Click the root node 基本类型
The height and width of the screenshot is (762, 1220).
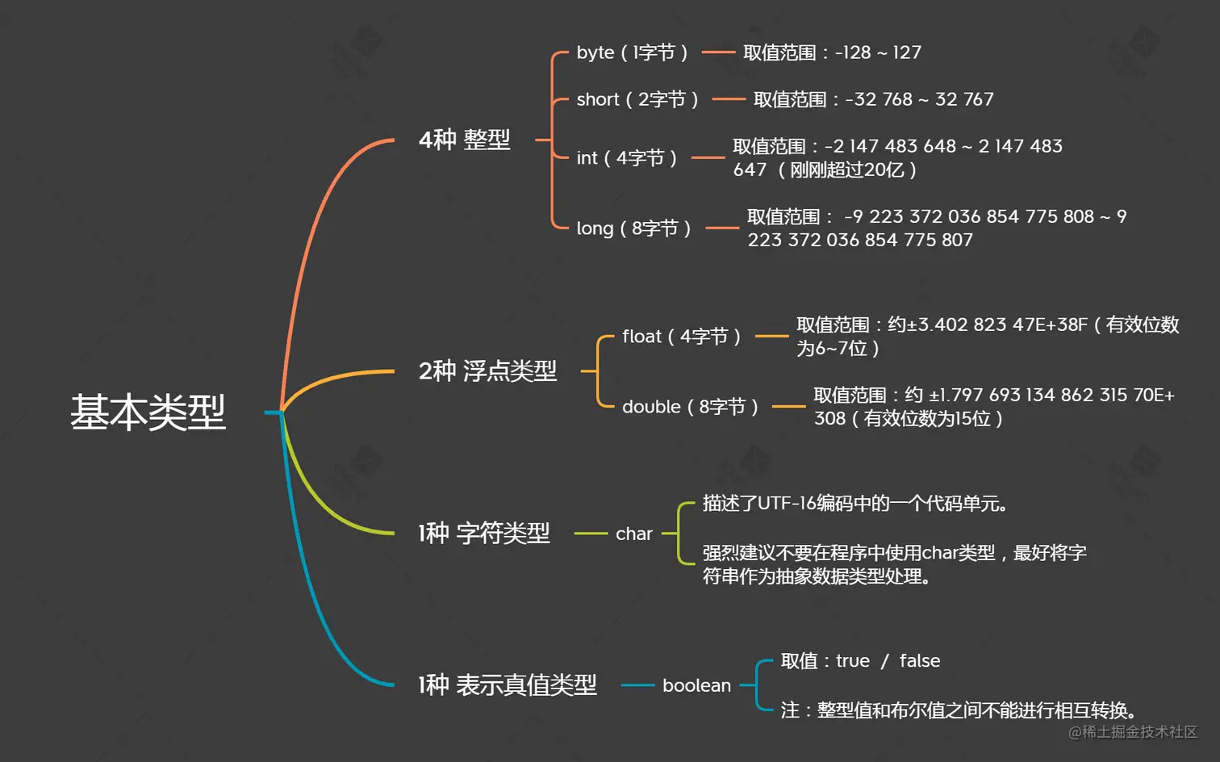point(148,412)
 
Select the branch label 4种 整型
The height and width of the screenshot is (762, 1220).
point(464,140)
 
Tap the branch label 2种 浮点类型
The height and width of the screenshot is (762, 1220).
point(487,371)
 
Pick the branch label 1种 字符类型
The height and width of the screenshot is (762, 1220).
point(483,533)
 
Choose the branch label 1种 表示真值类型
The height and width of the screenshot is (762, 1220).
point(507,685)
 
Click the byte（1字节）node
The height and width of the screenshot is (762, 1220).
point(632,52)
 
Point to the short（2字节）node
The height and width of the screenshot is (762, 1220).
point(637,99)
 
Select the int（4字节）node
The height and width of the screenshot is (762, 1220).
point(626,157)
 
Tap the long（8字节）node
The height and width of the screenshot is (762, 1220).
point(633,228)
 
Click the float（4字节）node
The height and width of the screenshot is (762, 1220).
point(681,336)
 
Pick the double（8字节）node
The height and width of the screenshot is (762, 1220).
point(690,407)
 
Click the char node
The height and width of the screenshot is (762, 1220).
point(633,534)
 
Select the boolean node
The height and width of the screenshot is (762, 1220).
point(696,685)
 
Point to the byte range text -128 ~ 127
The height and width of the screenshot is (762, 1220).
point(878,52)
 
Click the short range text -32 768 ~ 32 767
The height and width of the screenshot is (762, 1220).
point(919,99)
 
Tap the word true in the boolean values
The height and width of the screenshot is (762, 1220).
point(853,661)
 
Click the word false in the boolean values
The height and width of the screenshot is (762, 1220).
point(920,661)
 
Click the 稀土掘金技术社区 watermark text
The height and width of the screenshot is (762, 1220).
point(1139,731)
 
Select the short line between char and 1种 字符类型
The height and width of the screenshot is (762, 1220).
point(591,534)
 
